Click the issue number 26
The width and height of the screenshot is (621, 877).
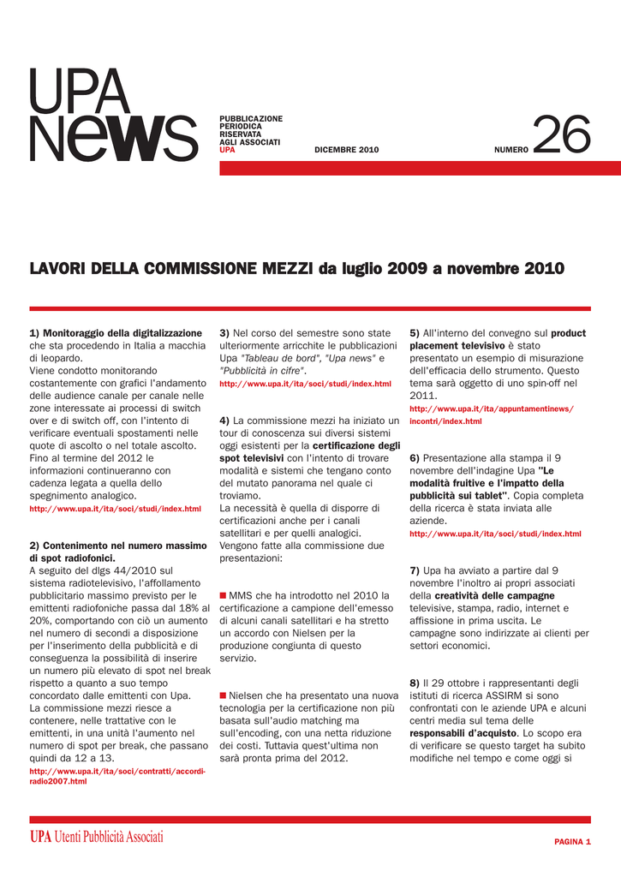point(562,137)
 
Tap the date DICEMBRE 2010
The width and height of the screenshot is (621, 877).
point(346,150)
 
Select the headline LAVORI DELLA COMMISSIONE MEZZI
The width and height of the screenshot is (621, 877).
point(171,269)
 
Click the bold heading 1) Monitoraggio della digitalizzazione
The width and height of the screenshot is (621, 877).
point(116,332)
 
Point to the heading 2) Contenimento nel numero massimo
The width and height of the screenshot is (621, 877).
point(118,545)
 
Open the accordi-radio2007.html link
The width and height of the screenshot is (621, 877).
point(117,777)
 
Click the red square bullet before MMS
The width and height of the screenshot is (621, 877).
point(223,595)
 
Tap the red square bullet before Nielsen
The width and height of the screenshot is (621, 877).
point(223,695)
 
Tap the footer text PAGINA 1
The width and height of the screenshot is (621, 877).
point(572,842)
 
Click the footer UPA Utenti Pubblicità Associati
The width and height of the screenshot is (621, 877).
point(96,838)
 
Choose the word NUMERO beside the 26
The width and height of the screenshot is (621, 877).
point(511,150)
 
